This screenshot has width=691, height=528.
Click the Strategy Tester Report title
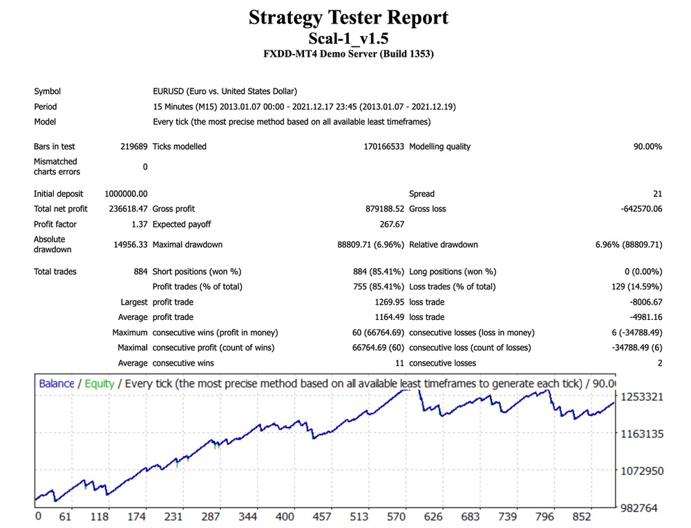coord(348,17)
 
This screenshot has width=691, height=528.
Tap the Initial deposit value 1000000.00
coord(126,194)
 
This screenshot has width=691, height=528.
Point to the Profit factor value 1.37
coord(138,224)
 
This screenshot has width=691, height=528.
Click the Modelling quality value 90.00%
coord(644,147)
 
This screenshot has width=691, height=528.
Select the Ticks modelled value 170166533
coord(384,147)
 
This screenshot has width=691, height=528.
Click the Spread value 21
coord(657,194)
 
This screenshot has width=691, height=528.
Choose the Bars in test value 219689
coord(133,147)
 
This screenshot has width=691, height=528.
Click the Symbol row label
coord(47,91)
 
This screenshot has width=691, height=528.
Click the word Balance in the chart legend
coord(57,383)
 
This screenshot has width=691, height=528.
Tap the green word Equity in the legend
coord(100,383)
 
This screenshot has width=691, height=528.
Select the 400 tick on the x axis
coord(284,517)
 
